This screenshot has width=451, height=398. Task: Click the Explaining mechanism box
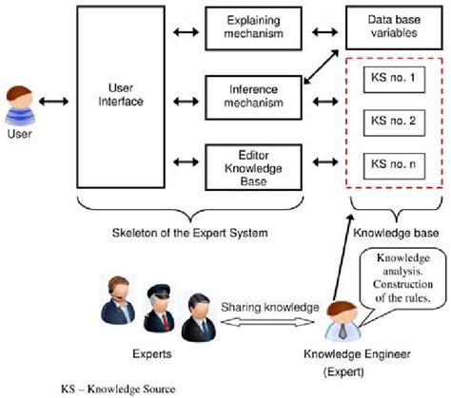tap(253, 28)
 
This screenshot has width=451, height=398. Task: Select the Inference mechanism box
tap(253, 98)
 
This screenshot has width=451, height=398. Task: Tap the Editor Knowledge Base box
tap(253, 167)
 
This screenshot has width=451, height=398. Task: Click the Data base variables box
tap(394, 28)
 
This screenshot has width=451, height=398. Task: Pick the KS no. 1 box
tap(394, 80)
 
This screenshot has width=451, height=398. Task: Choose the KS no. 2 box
tap(394, 123)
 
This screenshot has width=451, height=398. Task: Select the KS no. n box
tap(394, 166)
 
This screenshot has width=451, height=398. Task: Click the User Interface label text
tap(121, 95)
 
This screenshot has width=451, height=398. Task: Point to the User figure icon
tap(20, 105)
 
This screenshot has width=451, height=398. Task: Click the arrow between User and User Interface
tap(53, 102)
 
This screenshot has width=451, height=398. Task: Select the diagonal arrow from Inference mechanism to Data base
tap(322, 66)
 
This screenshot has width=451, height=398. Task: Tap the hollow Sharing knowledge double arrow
tap(267, 322)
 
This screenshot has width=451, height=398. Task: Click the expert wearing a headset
tap(118, 300)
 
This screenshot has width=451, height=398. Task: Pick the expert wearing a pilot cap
tap(159, 308)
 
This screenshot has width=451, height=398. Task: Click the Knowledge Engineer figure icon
tap(343, 321)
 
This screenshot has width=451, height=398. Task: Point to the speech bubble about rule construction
tap(402, 278)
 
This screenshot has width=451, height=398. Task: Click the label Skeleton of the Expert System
tap(190, 233)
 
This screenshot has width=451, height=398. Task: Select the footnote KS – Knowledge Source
tap(118, 389)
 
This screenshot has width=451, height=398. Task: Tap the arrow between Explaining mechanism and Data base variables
tap(324, 32)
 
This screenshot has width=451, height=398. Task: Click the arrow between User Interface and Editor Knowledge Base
tap(186, 161)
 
